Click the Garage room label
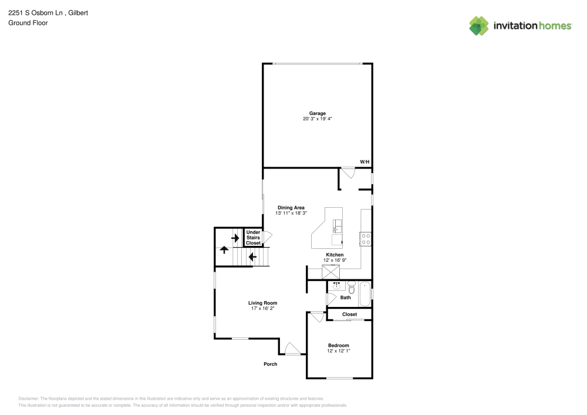tap(318, 113)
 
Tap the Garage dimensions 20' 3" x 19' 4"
tap(318, 119)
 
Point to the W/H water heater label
tap(365, 161)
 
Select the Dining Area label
tap(291, 208)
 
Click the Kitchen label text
tap(335, 255)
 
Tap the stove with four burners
tap(366, 239)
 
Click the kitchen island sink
tap(338, 226)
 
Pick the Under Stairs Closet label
tap(253, 238)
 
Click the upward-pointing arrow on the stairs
tap(224, 249)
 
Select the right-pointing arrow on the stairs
tap(235, 238)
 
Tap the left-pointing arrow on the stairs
tap(252, 257)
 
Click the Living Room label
tap(263, 303)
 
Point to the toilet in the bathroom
tap(351, 288)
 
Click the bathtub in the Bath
tap(365, 294)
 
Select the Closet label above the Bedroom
tap(350, 315)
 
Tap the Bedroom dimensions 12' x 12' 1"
tap(339, 351)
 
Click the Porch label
tap(270, 364)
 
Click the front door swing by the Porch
tap(292, 349)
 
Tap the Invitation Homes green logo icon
tap(479, 26)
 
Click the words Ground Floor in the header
tap(28, 23)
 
